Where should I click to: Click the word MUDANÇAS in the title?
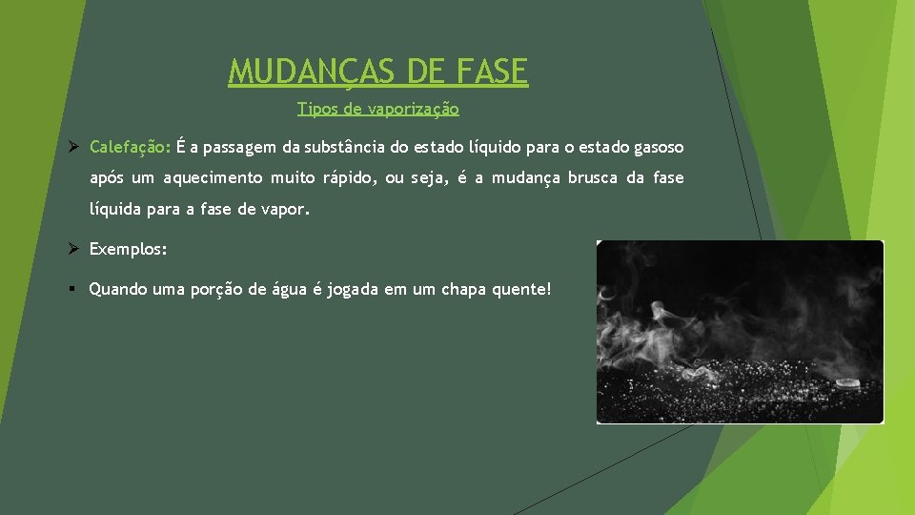pos(299,71)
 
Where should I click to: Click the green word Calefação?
pos(130,147)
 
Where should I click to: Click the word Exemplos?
pos(128,249)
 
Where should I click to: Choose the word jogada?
pos(353,288)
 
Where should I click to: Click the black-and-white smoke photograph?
pos(740,332)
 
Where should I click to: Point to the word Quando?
pos(118,288)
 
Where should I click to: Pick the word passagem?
pos(236,147)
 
